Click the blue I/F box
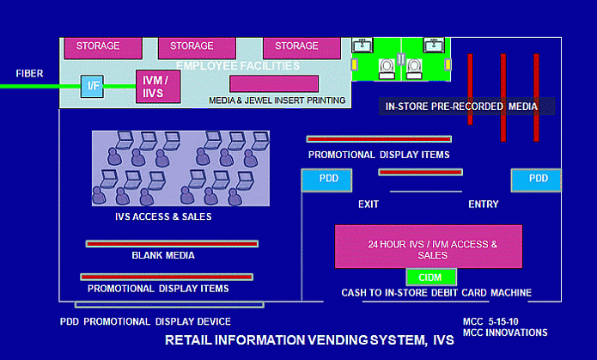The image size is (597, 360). coord(92,86)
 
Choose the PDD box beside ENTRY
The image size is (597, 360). coord(538,180)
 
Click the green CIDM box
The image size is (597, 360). coord(430,277)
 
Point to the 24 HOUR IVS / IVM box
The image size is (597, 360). coord(428,247)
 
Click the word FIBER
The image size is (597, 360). coord(29,74)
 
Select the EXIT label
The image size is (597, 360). coord(369,204)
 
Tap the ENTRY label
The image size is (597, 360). coord(483,204)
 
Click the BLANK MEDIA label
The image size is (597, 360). coord(162,255)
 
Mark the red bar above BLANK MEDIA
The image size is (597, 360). coord(172,243)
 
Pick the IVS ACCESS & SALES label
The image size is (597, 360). coord(163,217)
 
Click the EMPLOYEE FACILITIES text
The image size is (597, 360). coord(238,65)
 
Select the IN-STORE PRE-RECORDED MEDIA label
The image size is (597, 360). coord(461,107)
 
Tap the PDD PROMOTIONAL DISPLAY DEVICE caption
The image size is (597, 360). coord(145,321)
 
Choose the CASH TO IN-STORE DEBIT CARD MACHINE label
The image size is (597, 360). coord(436,293)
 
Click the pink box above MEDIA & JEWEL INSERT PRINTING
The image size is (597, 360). coord(274,84)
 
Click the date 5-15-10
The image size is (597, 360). coord(514,322)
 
